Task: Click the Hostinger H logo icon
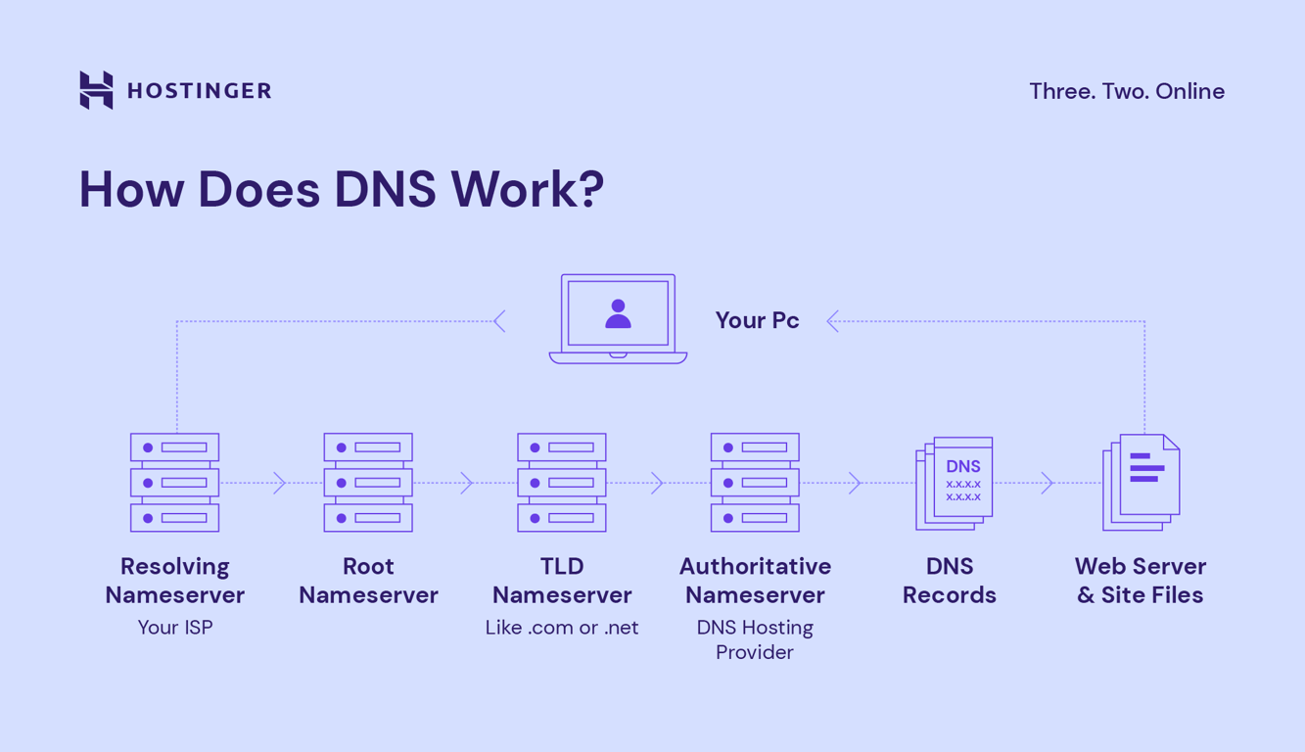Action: [96, 90]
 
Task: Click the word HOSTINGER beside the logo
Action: [199, 91]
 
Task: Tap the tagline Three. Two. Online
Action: [1126, 91]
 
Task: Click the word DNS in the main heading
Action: [385, 189]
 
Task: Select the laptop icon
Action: [618, 319]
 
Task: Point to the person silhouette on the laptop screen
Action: [618, 313]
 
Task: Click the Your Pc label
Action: [757, 320]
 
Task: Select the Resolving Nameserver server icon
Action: [174, 483]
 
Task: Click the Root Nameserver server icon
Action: [368, 483]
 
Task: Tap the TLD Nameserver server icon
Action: [561, 483]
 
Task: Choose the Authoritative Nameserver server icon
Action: [755, 483]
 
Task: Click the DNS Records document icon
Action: [955, 483]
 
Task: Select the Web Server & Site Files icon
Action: [1142, 482]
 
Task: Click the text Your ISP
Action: [174, 628]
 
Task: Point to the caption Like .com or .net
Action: [561, 628]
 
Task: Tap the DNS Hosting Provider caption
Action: [755, 639]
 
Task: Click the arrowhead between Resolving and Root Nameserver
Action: [280, 483]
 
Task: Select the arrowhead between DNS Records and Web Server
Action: [1048, 483]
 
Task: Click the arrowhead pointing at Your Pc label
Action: [832, 321]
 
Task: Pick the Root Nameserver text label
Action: [368, 581]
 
